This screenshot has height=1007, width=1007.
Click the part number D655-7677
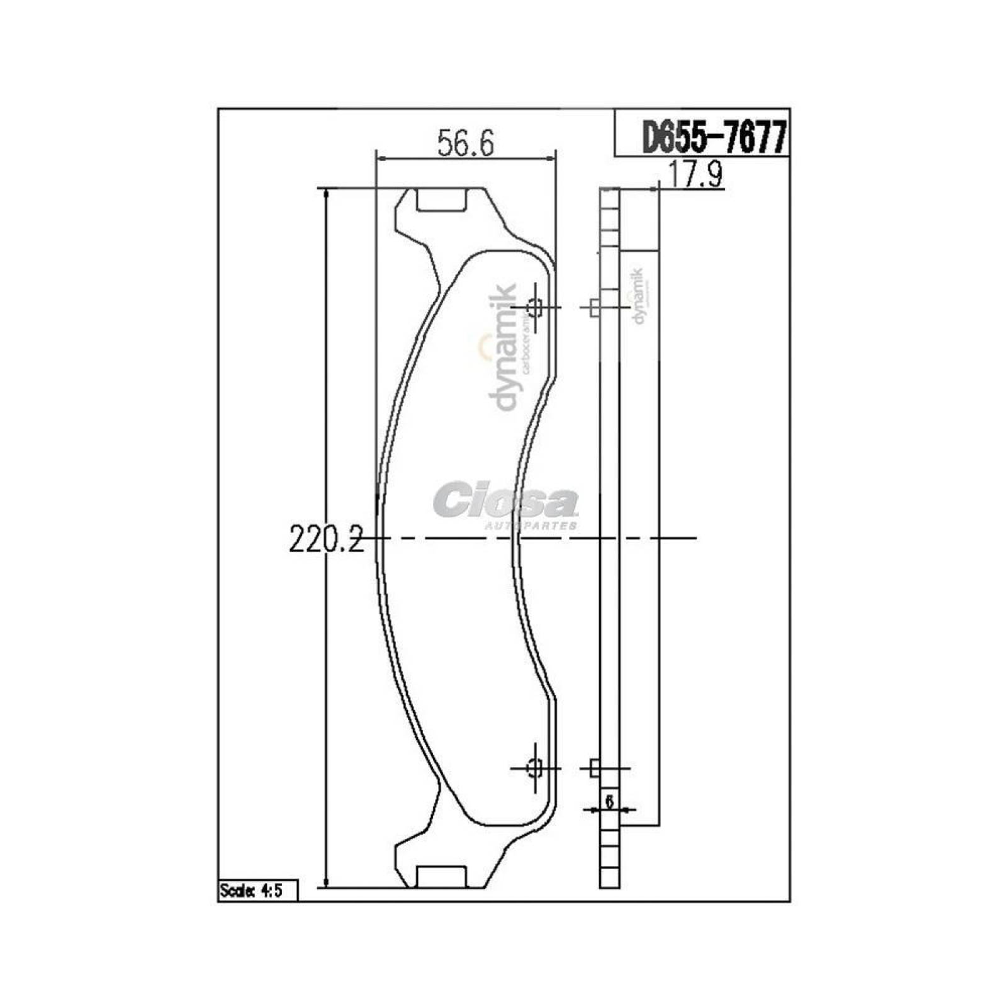pos(714,138)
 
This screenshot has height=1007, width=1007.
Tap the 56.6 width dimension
pos(466,144)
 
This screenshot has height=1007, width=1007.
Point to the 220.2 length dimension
pos(327,539)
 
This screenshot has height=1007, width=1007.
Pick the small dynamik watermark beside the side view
pos(639,296)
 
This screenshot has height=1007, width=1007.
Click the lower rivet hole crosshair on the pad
pos(536,768)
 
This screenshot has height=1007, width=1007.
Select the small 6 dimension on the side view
pos(609,801)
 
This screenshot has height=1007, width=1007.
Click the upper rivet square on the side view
pos(594,308)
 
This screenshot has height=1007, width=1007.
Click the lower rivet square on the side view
pos(594,768)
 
